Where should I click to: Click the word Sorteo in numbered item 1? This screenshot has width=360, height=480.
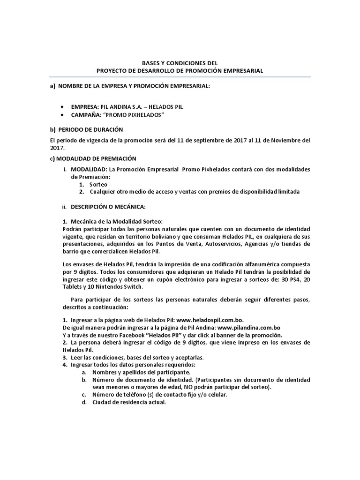tap(98, 185)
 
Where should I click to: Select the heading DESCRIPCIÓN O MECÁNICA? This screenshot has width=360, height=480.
tap(108, 207)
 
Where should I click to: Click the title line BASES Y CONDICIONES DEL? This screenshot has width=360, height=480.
tap(180, 62)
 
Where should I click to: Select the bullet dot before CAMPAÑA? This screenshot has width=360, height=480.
tap(63, 115)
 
